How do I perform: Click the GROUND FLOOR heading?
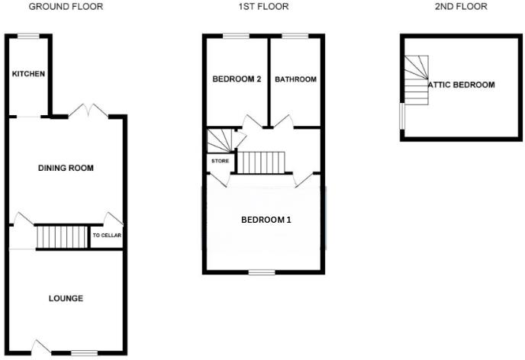click(66, 6)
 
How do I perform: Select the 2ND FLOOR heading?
click(460, 6)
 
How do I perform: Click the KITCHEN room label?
click(29, 74)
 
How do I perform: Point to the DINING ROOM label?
click(66, 168)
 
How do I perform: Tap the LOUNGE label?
click(66, 297)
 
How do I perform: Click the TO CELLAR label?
click(107, 236)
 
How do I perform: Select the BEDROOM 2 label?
click(237, 79)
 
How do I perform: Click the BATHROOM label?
click(295, 79)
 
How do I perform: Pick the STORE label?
click(220, 161)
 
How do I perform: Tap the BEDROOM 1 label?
click(266, 220)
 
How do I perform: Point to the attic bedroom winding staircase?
click(417, 80)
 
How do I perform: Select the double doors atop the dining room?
click(86, 111)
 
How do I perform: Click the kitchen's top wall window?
click(29, 35)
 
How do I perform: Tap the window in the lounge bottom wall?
click(85, 352)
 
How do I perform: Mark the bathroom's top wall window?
click(295, 35)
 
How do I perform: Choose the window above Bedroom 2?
click(236, 35)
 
